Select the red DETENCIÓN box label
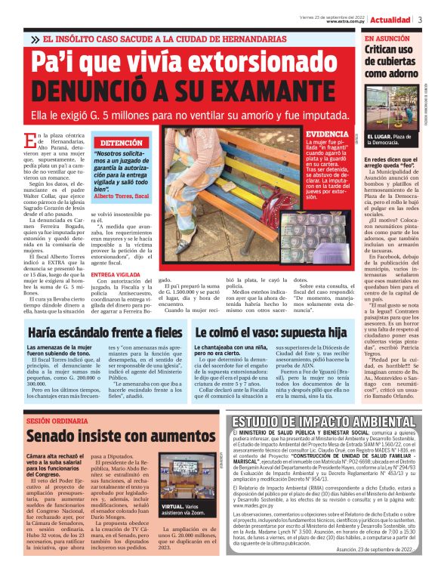click(121, 142)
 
